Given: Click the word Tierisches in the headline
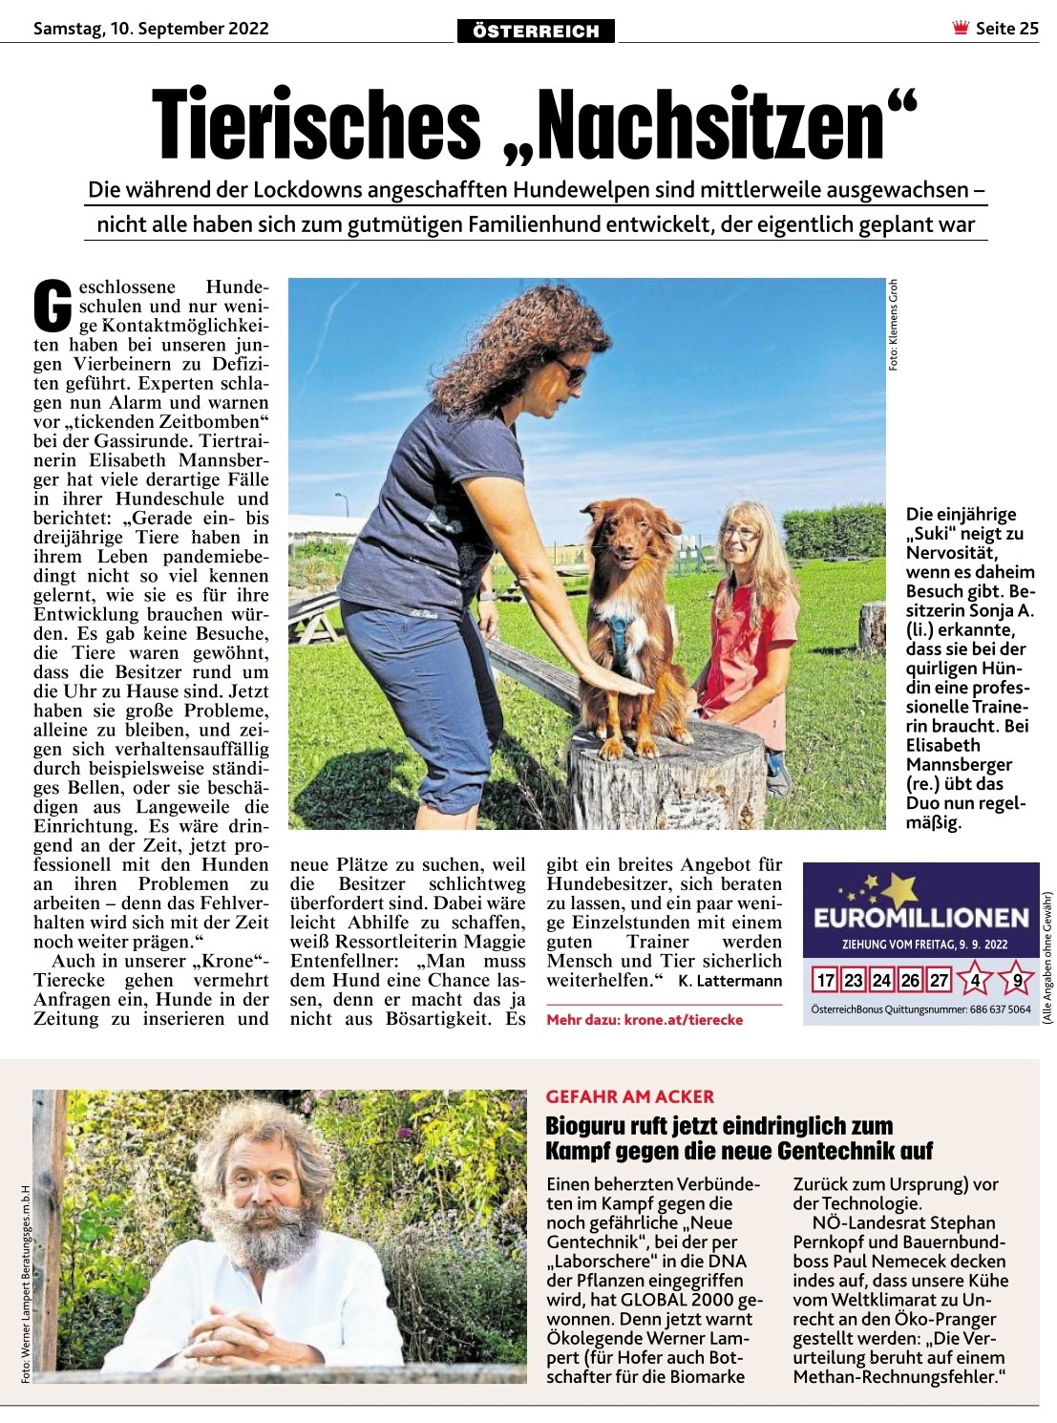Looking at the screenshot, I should (x=316, y=124).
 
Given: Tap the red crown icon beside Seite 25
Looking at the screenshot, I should (x=960, y=28).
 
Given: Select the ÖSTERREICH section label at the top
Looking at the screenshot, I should (x=536, y=32).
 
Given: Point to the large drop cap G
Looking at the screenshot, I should (x=53, y=304).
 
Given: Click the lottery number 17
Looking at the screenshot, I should (x=825, y=981).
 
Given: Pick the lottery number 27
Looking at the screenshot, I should (x=940, y=981).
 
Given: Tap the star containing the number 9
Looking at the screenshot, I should (x=1018, y=981).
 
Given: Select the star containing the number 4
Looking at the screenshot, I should (x=976, y=981).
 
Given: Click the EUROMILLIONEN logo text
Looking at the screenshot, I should (x=920, y=919).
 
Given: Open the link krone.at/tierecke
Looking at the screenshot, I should (x=683, y=1020).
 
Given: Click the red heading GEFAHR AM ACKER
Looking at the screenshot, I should (x=630, y=1096).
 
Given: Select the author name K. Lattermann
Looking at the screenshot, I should (x=730, y=981).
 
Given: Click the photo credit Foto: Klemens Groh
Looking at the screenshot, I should (x=894, y=325).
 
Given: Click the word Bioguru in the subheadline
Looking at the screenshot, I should (x=590, y=1126).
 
